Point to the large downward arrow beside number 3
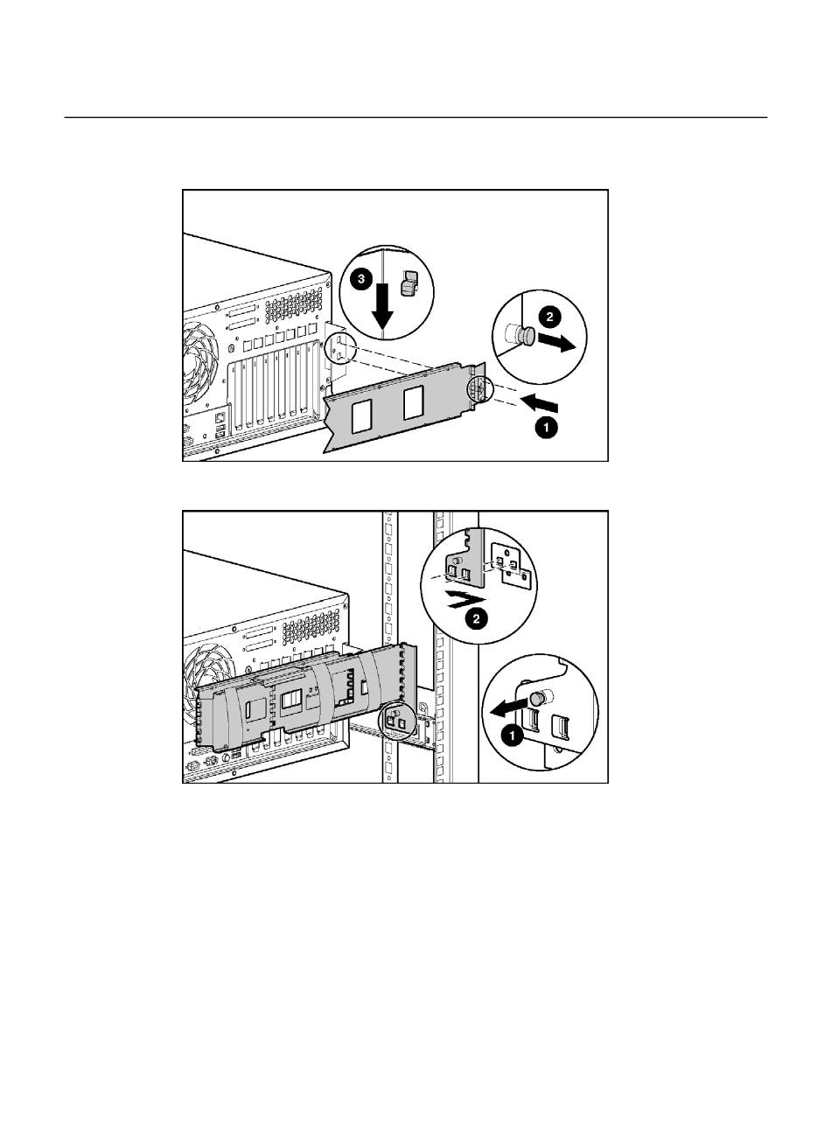click(x=382, y=310)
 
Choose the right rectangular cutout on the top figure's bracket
click(x=414, y=404)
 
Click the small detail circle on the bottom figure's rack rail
click(x=394, y=722)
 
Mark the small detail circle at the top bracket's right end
click(x=479, y=389)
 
